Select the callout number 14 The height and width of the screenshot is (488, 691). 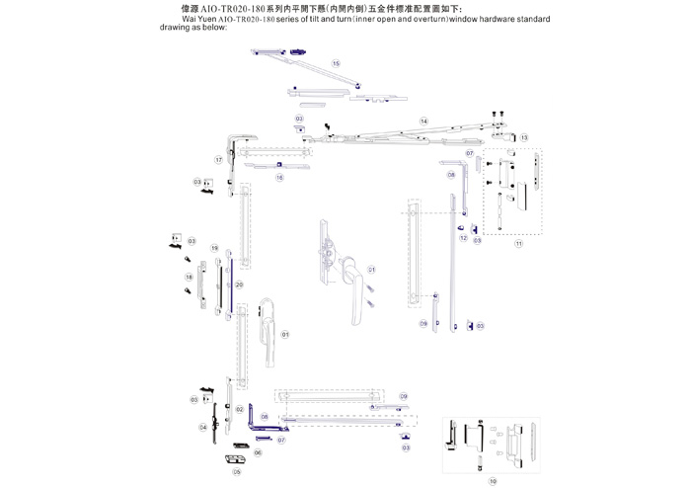tap(423, 121)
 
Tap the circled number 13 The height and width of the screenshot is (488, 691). tap(524, 137)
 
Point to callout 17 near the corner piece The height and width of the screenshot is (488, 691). tap(219, 159)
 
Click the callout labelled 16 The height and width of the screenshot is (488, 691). tap(279, 178)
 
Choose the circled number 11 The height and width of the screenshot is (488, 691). tap(518, 243)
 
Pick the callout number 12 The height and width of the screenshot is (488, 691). tap(462, 238)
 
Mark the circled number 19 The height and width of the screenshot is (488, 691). tap(214, 248)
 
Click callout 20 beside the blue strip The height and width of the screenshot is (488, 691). tap(239, 285)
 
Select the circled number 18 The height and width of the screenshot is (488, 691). tap(190, 278)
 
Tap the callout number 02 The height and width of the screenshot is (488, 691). tap(239, 408)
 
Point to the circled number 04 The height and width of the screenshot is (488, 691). tap(202, 427)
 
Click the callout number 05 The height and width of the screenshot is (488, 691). tap(237, 472)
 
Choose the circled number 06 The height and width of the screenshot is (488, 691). tap(258, 452)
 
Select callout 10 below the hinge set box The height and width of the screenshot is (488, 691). tap(493, 481)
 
